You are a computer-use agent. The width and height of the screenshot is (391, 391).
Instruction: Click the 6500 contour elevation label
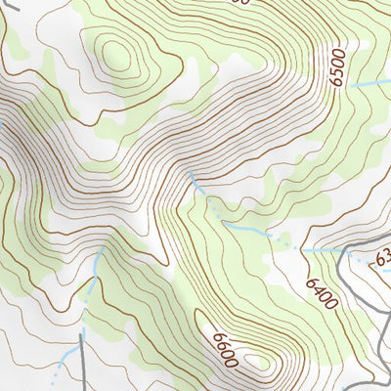click(x=337, y=66)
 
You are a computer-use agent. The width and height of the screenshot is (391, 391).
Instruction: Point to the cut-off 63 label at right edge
click(x=382, y=258)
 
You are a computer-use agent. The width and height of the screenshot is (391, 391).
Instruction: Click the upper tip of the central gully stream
click(x=191, y=173)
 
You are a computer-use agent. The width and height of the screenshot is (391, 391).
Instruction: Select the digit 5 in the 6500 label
click(x=337, y=71)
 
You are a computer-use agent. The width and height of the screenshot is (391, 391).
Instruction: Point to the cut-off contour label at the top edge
click(x=240, y=3)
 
